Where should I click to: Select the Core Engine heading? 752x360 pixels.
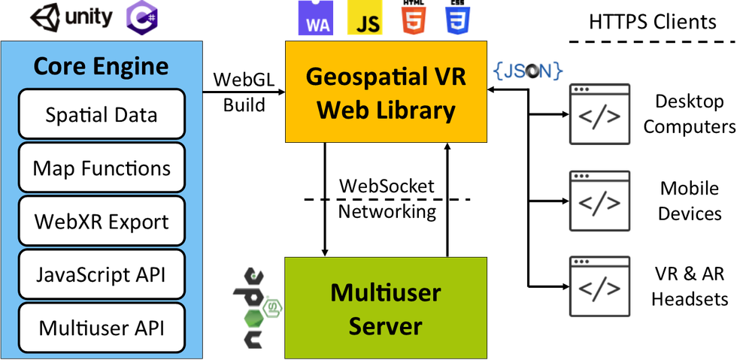click(102, 67)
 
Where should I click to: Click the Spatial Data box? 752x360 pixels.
click(102, 114)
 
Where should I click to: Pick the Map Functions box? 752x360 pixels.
click(102, 168)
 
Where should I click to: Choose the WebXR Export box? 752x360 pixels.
click(102, 222)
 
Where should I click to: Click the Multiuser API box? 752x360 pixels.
click(102, 328)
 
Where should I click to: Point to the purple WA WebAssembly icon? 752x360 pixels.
click(317, 18)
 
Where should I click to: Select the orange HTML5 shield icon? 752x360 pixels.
click(412, 19)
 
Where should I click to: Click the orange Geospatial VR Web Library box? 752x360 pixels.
click(386, 92)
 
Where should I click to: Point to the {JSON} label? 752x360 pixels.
click(529, 71)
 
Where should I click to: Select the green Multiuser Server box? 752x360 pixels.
click(386, 308)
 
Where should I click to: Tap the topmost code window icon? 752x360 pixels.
click(600, 114)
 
